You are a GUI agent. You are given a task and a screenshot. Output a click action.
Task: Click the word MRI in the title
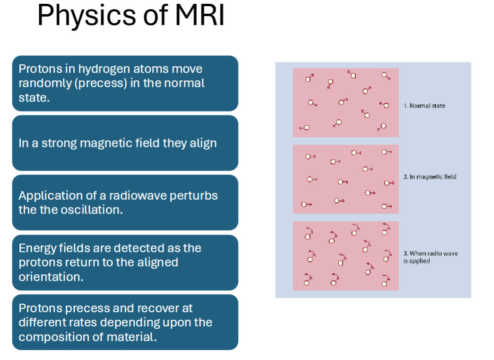pyautogui.click(x=199, y=16)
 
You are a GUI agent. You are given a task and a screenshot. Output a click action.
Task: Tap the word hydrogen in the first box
pyautogui.click(x=104, y=69)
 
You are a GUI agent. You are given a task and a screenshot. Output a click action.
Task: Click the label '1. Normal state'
pyautogui.click(x=425, y=106)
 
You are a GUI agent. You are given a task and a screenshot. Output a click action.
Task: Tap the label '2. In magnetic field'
pyautogui.click(x=430, y=177)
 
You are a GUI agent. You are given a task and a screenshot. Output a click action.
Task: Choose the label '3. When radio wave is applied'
pyautogui.click(x=430, y=257)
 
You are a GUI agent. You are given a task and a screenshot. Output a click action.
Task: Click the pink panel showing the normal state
pyautogui.click(x=346, y=103)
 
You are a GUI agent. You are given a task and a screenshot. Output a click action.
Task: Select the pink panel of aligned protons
pyautogui.click(x=346, y=179)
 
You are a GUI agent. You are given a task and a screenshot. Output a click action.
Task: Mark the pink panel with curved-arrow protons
pyautogui.click(x=346, y=256)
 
